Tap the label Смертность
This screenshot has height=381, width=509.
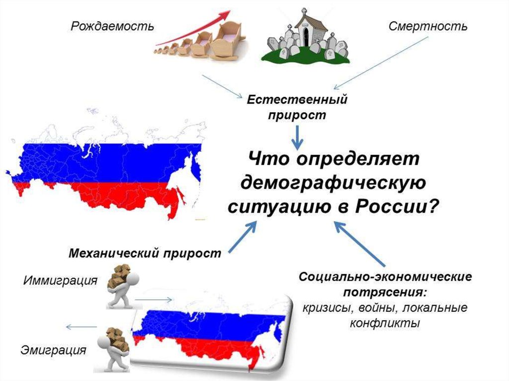427,26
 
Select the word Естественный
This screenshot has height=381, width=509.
297,99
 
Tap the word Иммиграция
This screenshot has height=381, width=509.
60,281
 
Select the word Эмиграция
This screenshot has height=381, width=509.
53,350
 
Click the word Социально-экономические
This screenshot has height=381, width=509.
385,276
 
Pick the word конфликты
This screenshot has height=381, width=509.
385,323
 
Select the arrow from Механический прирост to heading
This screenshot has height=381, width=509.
243,237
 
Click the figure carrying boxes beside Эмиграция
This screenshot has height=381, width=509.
113,348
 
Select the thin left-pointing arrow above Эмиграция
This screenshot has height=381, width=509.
82,327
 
